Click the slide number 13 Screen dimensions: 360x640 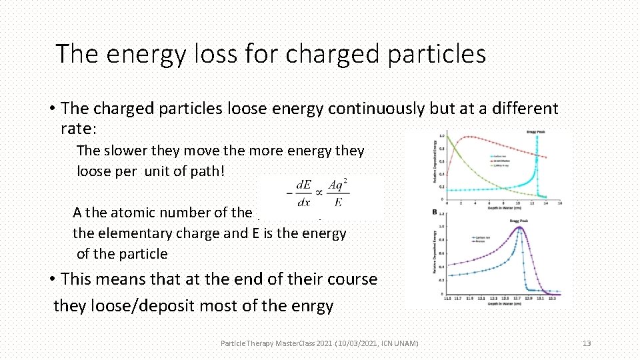tap(587, 343)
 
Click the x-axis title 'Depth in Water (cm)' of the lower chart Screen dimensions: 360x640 tap(504, 304)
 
